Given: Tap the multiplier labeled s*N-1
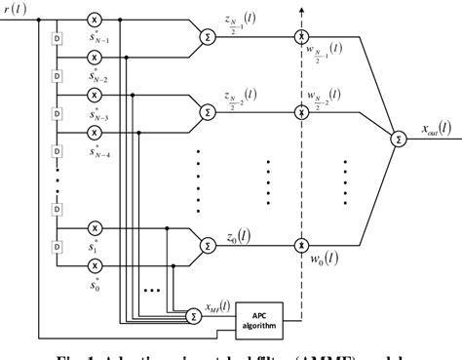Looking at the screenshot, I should coord(95,20).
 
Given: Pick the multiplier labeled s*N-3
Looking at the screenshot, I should coord(95,95).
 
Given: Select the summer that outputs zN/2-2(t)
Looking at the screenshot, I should coord(207,113).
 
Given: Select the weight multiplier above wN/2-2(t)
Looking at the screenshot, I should coord(301,113).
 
